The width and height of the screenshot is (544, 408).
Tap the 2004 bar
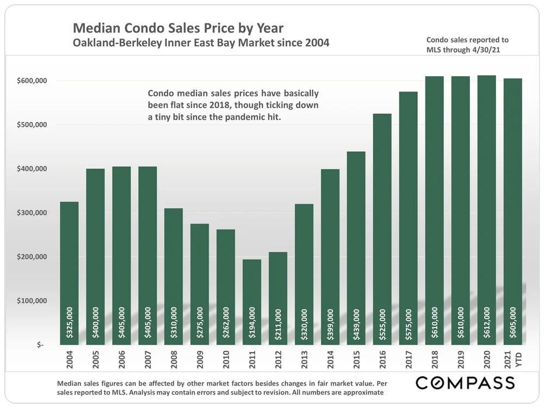(69, 272)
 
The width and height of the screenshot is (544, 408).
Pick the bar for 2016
(382, 228)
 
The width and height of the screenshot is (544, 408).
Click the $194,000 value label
(252, 323)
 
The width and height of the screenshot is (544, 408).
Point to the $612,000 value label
(487, 323)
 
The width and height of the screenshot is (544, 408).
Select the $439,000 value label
(356, 323)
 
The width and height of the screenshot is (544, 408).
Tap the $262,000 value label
(226, 323)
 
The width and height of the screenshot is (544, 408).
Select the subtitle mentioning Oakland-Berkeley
(201, 42)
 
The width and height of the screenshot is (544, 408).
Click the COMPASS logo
(465, 382)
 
